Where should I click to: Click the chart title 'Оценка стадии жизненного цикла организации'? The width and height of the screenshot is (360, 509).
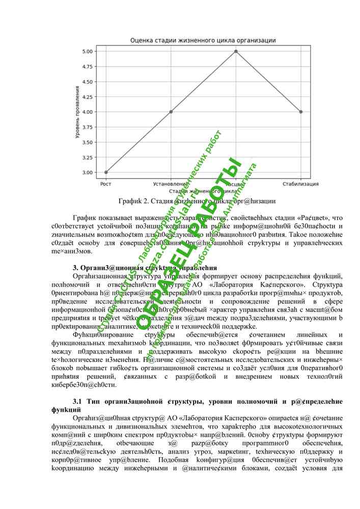coord(203,40)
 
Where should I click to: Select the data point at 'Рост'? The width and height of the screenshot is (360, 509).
coord(106,172)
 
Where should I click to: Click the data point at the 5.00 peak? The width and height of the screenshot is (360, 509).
coord(236,51)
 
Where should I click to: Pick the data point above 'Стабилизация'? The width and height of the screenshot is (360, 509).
coord(301,112)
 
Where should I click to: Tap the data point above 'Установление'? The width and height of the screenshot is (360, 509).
coord(171,112)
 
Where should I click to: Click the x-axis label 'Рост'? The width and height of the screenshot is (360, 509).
coord(106,184)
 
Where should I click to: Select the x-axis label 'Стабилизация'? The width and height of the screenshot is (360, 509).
coord(301,184)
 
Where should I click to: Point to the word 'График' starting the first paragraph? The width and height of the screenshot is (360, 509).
coord(85,218)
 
